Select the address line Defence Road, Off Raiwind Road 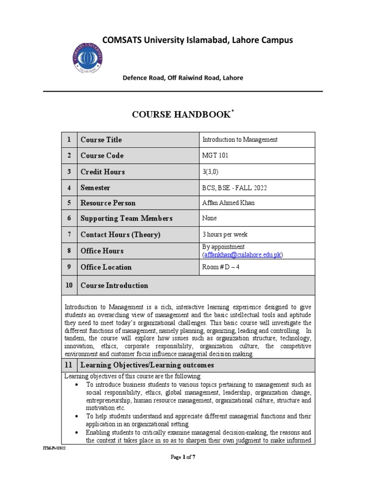183,78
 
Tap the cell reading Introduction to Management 240,140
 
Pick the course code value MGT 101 216,156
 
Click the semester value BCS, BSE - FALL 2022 235,188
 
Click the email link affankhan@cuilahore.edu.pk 243,255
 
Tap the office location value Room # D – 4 221,267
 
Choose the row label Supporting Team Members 126,219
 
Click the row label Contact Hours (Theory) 121,234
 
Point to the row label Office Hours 102,251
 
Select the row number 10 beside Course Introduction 69,286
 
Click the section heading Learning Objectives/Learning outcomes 147,365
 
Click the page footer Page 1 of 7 183,457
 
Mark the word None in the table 210,218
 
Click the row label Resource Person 108,203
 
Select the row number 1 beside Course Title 69,140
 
